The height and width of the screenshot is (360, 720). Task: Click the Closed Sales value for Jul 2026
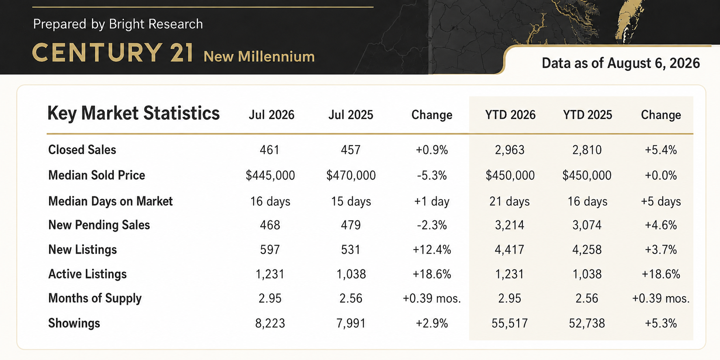click(269, 150)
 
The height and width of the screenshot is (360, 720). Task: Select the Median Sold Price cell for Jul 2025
click(351, 175)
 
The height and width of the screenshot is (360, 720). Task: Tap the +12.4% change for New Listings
click(432, 250)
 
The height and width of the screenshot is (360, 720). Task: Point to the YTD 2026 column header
click(510, 115)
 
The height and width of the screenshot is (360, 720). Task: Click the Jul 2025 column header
click(351, 115)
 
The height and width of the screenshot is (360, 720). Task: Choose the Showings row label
click(74, 323)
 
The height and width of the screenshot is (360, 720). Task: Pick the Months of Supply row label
click(95, 298)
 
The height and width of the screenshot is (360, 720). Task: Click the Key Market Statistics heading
click(134, 113)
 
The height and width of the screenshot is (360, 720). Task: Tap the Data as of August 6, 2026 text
click(621, 63)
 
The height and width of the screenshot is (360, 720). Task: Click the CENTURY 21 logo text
click(113, 53)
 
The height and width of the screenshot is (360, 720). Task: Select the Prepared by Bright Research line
click(118, 24)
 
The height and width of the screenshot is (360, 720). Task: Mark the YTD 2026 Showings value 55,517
click(510, 323)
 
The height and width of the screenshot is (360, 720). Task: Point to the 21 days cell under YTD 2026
click(510, 201)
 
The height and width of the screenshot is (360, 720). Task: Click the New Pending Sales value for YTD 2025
click(587, 225)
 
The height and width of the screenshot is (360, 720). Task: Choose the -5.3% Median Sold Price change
click(432, 175)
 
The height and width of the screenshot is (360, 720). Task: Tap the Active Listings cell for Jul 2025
click(351, 274)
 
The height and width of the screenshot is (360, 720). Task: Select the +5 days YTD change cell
click(661, 201)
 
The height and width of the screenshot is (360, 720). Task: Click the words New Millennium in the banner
click(259, 56)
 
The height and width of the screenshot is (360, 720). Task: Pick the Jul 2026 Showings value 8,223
click(270, 323)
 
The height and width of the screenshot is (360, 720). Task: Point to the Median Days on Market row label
click(110, 201)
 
